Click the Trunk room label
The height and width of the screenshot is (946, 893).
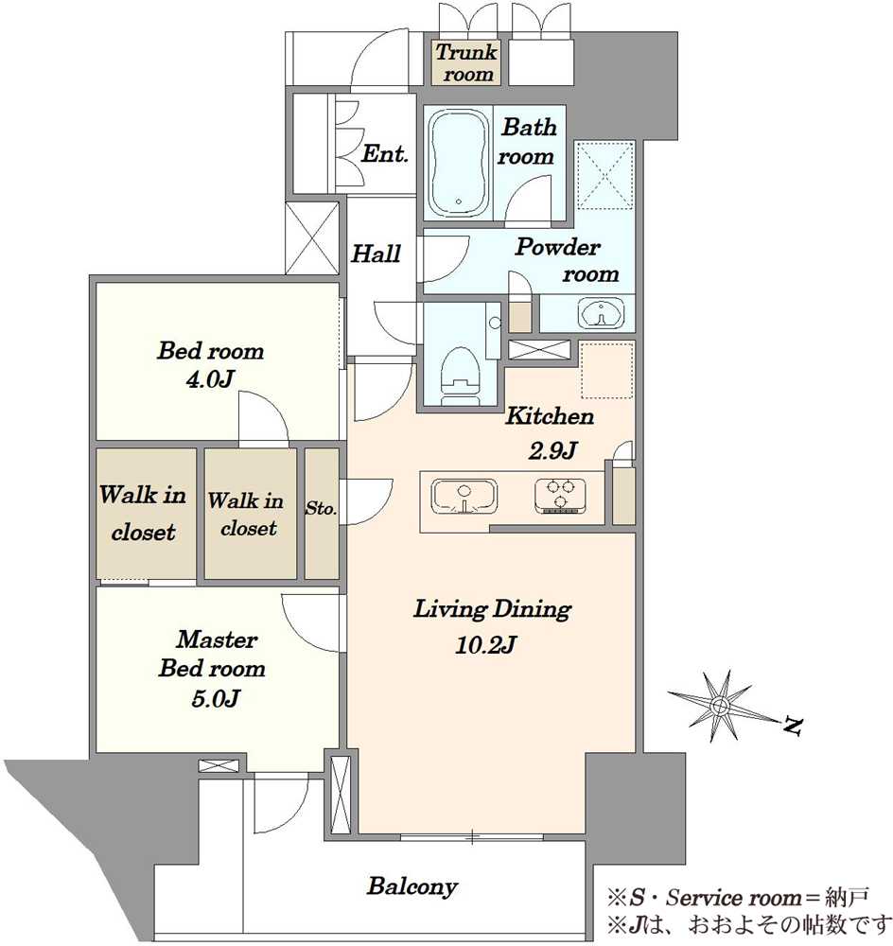(x=466, y=62)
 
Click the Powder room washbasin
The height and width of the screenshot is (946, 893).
(x=601, y=313)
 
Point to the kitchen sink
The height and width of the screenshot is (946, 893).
(x=464, y=497)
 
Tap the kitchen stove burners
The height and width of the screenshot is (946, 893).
(x=560, y=496)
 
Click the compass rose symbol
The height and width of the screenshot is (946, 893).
(x=720, y=705)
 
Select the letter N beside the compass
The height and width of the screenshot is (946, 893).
(x=793, y=726)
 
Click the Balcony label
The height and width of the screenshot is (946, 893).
(x=412, y=885)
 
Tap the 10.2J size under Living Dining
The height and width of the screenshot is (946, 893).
(x=485, y=645)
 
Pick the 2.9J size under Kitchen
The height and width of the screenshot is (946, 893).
(x=552, y=450)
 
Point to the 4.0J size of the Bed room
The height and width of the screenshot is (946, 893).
(x=210, y=379)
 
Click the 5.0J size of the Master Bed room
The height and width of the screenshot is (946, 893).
(x=216, y=698)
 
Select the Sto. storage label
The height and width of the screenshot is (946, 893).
(x=321, y=509)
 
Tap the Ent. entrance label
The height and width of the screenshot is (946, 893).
(x=385, y=153)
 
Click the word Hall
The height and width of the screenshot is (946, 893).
(x=376, y=254)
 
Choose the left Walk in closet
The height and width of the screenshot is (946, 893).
(x=143, y=514)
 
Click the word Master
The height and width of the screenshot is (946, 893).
(x=218, y=639)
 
